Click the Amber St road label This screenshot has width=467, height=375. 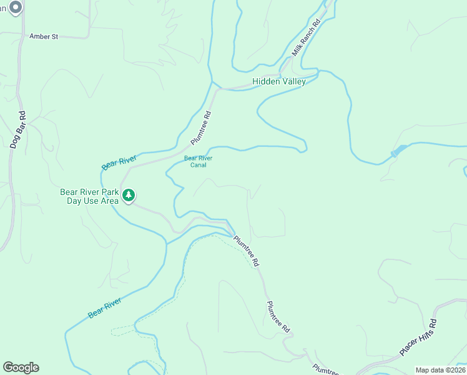44,37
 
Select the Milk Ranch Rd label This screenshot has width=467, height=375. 307,38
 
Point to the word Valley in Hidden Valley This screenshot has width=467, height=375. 293,82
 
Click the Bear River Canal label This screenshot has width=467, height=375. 198,161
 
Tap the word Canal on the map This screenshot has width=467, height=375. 198,165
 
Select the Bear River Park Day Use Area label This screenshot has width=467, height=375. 89,196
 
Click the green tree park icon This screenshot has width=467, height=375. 129,196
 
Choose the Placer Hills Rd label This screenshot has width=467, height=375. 418,338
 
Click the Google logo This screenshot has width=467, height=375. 21,367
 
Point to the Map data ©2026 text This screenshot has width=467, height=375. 440,370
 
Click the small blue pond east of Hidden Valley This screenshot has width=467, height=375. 398,152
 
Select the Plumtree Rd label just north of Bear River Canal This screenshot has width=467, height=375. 202,128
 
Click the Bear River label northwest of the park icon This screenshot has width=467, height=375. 119,162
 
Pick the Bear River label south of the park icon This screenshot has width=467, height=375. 104,308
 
